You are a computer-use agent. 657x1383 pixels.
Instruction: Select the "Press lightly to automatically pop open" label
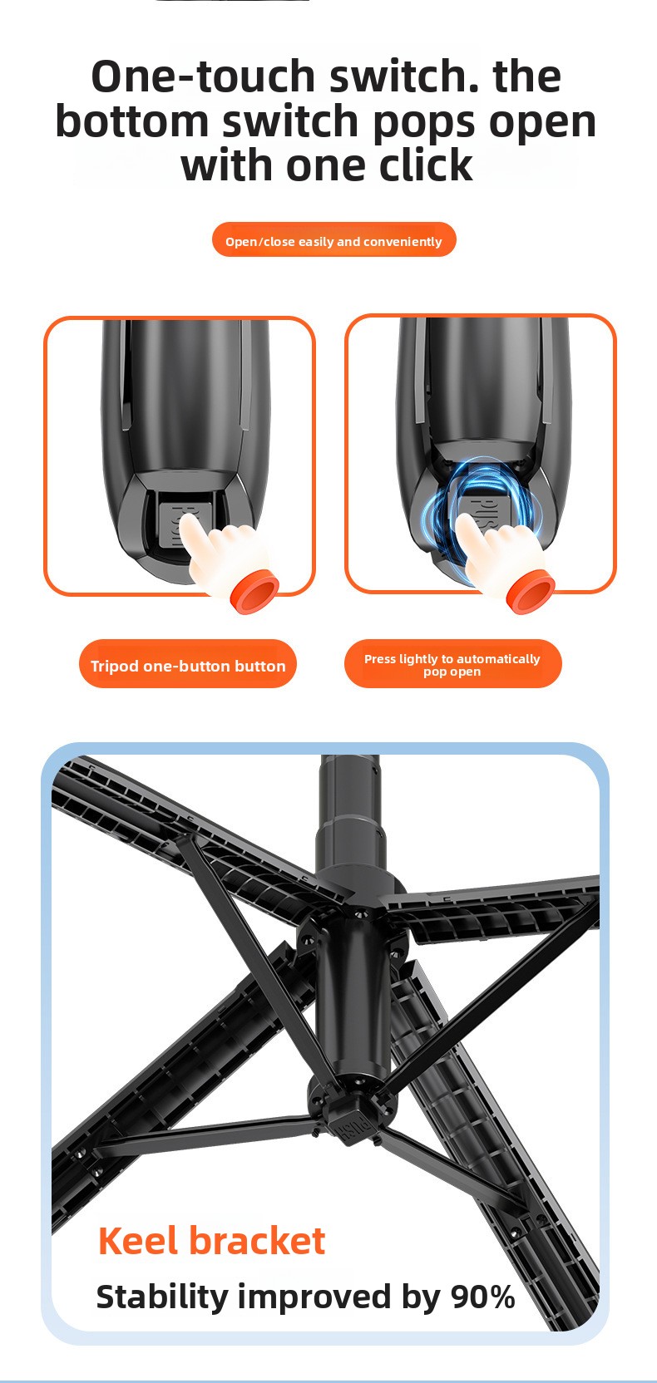tap(452, 664)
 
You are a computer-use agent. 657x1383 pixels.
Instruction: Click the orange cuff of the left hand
tap(254, 593)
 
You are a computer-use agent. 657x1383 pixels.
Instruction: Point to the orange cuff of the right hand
tap(531, 593)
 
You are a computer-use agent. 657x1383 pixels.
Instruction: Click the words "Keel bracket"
tap(212, 1240)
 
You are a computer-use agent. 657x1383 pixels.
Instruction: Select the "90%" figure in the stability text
tap(482, 1296)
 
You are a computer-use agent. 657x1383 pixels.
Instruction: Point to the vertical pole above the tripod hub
tap(350, 821)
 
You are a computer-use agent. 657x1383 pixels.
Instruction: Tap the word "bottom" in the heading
tap(132, 121)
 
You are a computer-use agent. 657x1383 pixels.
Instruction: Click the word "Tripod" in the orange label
tap(114, 667)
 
